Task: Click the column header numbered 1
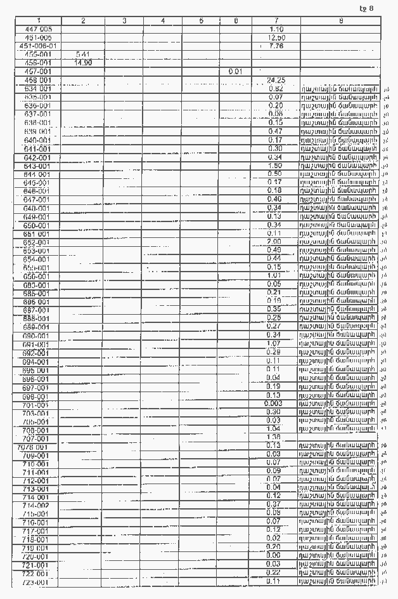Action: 38,21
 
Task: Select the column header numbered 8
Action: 340,21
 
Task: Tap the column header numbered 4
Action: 162,21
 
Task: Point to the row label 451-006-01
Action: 38,46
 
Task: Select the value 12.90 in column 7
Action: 276,38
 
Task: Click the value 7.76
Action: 276,46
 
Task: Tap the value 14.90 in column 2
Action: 84,63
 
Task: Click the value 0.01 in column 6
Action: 235,72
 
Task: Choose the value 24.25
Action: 276,81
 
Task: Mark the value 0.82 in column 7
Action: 276,89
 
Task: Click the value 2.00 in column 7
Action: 274,242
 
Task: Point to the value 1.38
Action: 274,437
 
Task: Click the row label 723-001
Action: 35,582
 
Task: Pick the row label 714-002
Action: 36,505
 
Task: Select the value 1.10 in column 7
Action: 276,30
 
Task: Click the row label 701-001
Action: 35,405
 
